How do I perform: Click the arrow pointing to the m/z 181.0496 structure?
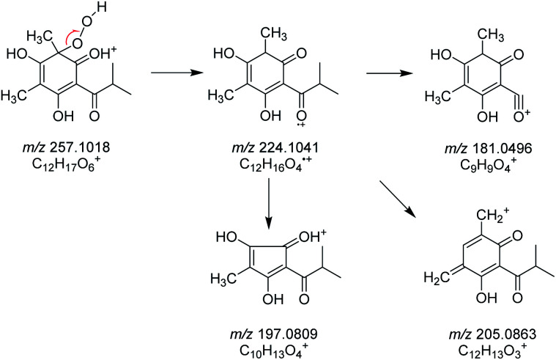[390, 73]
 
